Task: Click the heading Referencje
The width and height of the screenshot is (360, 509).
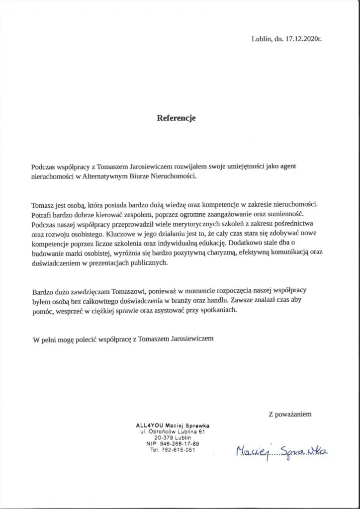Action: [x=177, y=118]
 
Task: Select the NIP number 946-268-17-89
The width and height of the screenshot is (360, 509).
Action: [x=178, y=443]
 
